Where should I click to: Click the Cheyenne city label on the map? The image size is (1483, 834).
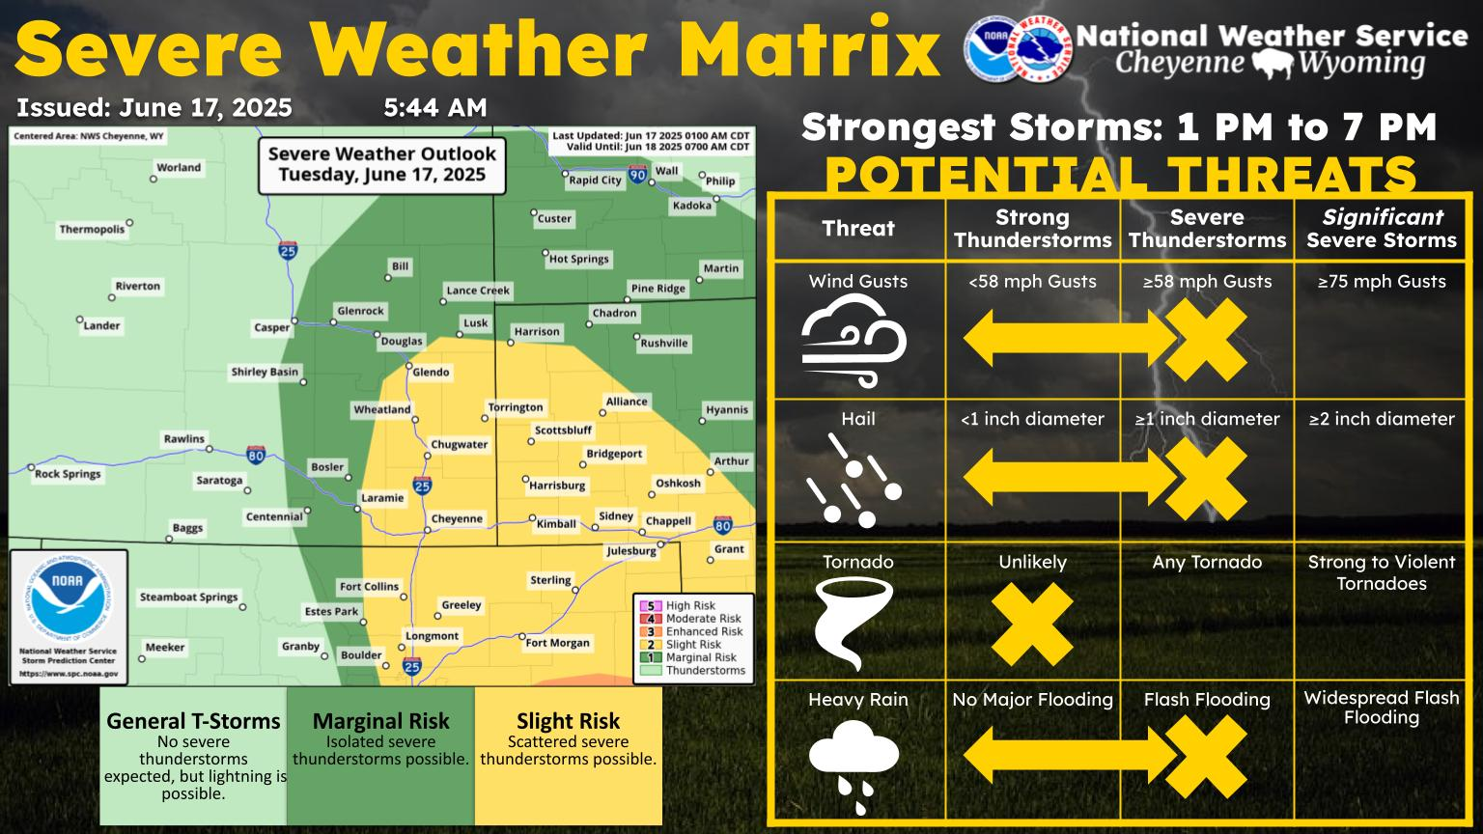[457, 518]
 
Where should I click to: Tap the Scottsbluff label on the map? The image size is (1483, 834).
[563, 431]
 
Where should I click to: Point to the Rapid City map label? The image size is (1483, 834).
[595, 181]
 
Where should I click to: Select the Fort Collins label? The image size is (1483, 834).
[369, 587]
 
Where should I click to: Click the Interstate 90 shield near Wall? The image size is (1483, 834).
[637, 174]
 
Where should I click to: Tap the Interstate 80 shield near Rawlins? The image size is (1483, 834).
[256, 455]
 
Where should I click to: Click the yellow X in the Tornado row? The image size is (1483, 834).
[1032, 624]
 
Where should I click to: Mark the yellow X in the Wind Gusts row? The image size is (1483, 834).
[1206, 340]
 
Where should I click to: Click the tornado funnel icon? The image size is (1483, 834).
[854, 623]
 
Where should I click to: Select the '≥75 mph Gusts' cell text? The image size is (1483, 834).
[1381, 281]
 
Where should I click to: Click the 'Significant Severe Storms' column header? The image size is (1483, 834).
[1382, 229]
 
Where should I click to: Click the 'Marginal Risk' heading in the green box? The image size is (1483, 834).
[380, 721]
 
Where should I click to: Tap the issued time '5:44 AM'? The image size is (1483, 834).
[435, 107]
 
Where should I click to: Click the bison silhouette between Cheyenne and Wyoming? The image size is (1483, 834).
[1272, 65]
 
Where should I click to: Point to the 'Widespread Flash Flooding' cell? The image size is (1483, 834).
[1381, 708]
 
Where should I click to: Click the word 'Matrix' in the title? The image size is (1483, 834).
[809, 47]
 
